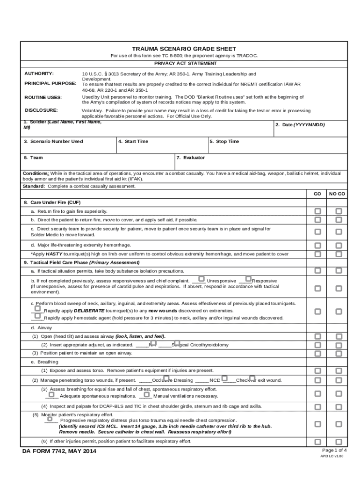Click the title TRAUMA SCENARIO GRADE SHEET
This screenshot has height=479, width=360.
click(184, 49)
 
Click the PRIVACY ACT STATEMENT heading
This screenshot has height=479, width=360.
click(185, 63)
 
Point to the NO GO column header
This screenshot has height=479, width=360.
click(337, 194)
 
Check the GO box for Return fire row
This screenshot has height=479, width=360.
click(317, 211)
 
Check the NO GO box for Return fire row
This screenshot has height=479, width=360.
click(338, 211)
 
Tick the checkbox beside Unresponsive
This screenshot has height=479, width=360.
click(202, 279)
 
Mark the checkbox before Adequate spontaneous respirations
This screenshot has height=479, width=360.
click(52, 394)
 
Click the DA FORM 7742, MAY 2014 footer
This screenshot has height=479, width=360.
click(60, 451)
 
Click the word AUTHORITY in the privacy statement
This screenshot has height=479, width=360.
click(39, 74)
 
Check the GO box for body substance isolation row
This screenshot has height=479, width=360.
click(317, 271)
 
